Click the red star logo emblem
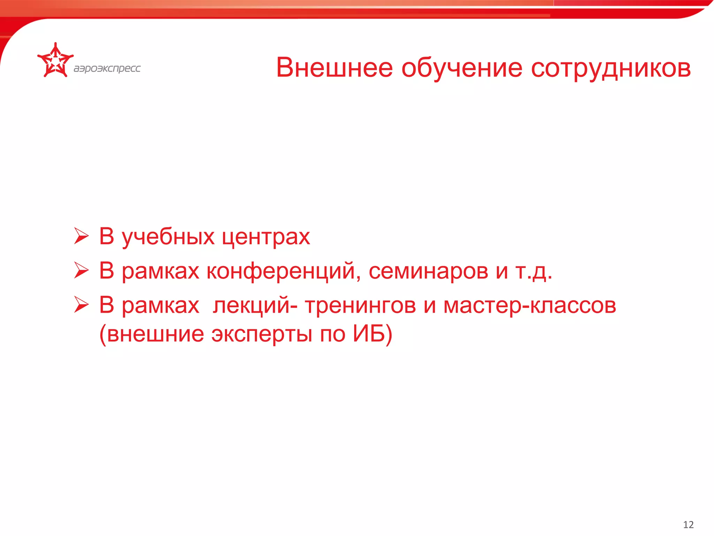[x=55, y=61]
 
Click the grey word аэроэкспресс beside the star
[x=107, y=68]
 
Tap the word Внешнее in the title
[x=334, y=68]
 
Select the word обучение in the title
[x=462, y=68]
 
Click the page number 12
[x=688, y=524]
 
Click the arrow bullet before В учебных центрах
[x=81, y=236]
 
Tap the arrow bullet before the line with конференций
[x=81, y=270]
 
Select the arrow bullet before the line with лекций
[x=81, y=305]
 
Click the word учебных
[x=168, y=237]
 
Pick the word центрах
[x=266, y=237]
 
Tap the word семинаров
[x=428, y=271]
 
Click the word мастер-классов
[x=529, y=306]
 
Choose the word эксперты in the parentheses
[x=261, y=334]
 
